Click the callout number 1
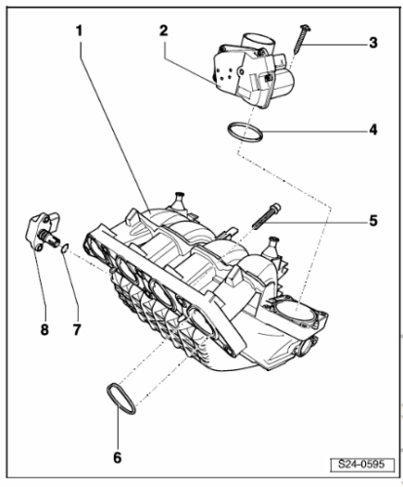pyautogui.click(x=79, y=31)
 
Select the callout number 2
pyautogui.click(x=164, y=30)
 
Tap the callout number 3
pyautogui.click(x=374, y=43)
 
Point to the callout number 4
pyautogui.click(x=374, y=130)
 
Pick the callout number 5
pyautogui.click(x=374, y=221)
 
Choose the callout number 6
pyautogui.click(x=117, y=458)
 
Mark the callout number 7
pyautogui.click(x=77, y=330)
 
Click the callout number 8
pyautogui.click(x=45, y=330)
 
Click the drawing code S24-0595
pyautogui.click(x=361, y=464)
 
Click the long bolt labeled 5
pyautogui.click(x=266, y=216)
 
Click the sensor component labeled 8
pyautogui.click(x=44, y=235)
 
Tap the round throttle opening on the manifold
pyautogui.click(x=294, y=310)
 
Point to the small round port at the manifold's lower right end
pyautogui.click(x=307, y=348)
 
